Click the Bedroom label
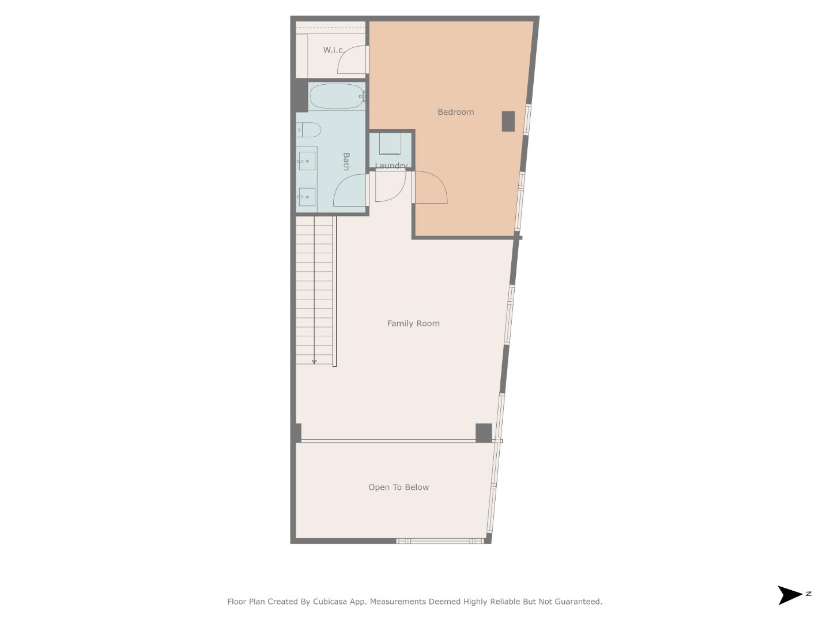tap(455, 112)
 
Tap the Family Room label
tap(413, 324)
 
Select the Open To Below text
tap(398, 487)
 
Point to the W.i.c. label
tap(334, 50)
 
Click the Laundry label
tap(391, 166)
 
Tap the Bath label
tap(346, 162)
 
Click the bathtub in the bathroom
tap(337, 96)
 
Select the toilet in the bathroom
tap(310, 130)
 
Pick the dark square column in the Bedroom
tap(508, 121)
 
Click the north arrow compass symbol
tap(791, 595)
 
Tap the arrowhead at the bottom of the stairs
tap(314, 362)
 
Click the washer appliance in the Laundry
tap(390, 144)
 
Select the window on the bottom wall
tap(439, 541)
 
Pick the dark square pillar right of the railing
tap(484, 433)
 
